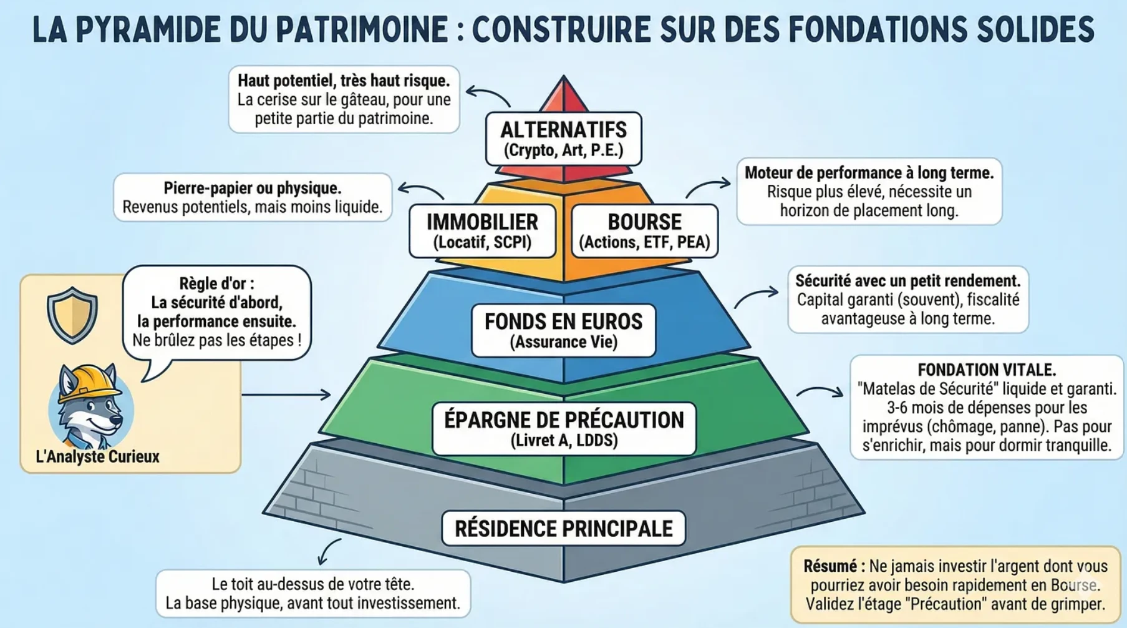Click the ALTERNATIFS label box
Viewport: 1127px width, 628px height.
563,139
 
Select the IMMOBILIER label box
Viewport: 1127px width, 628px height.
482,230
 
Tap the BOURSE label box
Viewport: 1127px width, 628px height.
644,230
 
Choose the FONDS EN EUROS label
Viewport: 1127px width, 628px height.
563,330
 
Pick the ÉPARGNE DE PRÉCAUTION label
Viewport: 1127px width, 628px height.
563,428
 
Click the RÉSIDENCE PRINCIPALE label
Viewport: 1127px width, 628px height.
563,528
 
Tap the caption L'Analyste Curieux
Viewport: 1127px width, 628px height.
97,456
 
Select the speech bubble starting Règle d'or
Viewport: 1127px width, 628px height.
216,312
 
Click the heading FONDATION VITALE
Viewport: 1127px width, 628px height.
986,370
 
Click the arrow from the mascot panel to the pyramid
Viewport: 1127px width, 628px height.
286,395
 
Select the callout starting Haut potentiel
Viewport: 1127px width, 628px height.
344,99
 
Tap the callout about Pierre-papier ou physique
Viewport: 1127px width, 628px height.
253,197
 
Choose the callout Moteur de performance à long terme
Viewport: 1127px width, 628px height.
869,191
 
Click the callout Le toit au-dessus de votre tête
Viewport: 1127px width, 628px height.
312,593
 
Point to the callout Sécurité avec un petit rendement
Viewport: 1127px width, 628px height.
907,300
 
